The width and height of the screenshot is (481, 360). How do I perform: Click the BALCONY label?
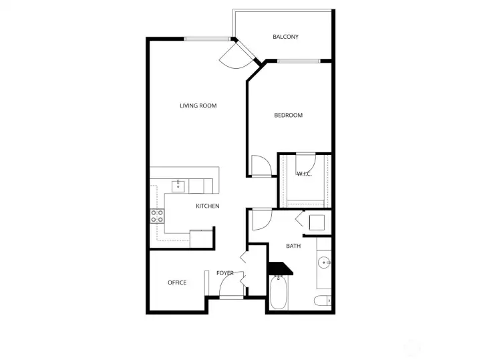coord(285,37)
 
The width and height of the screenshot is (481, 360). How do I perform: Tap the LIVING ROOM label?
coord(198,106)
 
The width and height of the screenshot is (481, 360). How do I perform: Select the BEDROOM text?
coord(289,116)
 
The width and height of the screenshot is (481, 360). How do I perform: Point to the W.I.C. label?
coord(305,174)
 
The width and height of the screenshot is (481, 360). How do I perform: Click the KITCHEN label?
coord(208,206)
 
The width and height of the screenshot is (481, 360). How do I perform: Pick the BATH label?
coord(293,246)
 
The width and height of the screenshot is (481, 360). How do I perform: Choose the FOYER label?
coord(225,273)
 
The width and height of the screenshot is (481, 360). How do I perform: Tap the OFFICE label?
coord(177,283)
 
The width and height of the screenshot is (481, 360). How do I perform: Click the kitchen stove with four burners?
coord(157,216)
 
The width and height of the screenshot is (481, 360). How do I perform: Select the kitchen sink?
coord(178,186)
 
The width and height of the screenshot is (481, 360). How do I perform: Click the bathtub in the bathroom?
coord(279,293)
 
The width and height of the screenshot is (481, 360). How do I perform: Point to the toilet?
coord(323,301)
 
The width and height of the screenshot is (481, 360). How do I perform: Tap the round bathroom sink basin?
coord(324,262)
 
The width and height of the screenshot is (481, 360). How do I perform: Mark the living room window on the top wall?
coord(207,39)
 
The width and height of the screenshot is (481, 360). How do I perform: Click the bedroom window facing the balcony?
coord(299,61)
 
